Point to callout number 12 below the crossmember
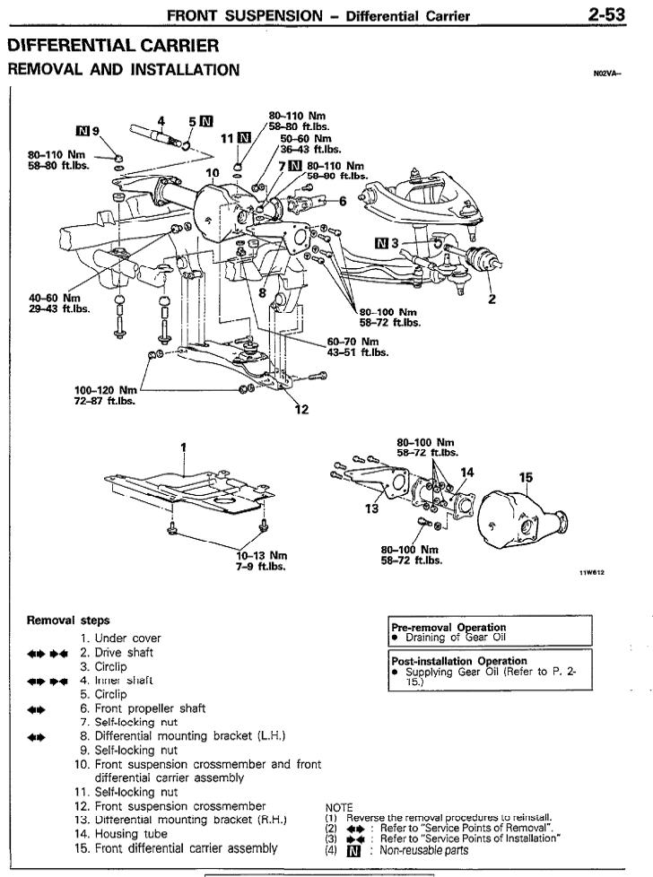coord(301,409)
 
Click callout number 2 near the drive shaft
coord(491,300)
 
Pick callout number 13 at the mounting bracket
coord(372,508)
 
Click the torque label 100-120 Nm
coord(107,390)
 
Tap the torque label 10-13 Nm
coord(256,555)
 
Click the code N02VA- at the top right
coord(607,75)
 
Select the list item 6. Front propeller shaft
coord(150,708)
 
